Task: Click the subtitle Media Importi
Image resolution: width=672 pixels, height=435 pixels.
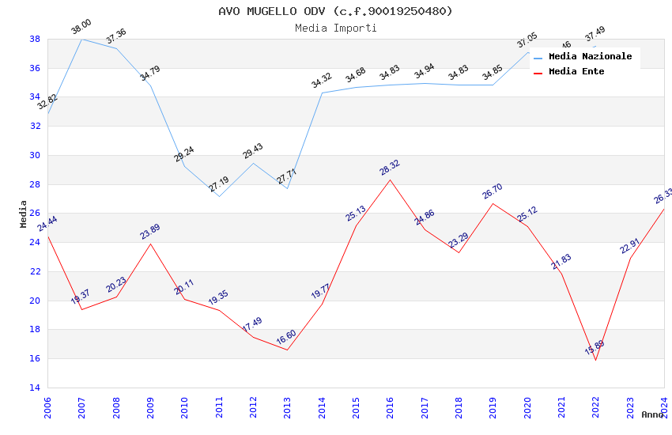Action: (335, 28)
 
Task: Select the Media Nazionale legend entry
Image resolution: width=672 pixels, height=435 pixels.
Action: (590, 57)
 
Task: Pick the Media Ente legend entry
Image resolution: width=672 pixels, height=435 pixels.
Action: (576, 72)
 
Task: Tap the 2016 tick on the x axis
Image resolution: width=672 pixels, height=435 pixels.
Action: (391, 407)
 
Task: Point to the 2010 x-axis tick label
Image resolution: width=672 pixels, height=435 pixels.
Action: (185, 407)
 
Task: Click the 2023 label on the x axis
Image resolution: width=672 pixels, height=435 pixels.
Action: (630, 407)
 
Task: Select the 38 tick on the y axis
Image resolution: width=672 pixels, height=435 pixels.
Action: (35, 39)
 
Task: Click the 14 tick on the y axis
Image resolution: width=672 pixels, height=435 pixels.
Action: (35, 388)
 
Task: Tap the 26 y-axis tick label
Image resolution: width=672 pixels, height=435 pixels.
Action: (35, 214)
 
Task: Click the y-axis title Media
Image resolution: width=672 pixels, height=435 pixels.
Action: (24, 214)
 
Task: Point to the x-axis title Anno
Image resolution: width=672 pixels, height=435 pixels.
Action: (652, 414)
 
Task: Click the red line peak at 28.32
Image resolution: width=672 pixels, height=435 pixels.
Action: (391, 180)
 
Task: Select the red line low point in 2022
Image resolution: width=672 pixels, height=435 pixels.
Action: (595, 360)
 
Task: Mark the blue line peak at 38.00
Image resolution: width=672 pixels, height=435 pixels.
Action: (81, 39)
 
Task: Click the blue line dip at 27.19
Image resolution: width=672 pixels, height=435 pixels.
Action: (219, 196)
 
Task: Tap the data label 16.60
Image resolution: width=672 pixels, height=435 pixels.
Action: (286, 338)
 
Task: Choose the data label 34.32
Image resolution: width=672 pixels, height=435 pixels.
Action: (321, 81)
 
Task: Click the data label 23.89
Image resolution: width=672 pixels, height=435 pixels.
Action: (150, 231)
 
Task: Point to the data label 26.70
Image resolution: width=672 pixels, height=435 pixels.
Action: (493, 191)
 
